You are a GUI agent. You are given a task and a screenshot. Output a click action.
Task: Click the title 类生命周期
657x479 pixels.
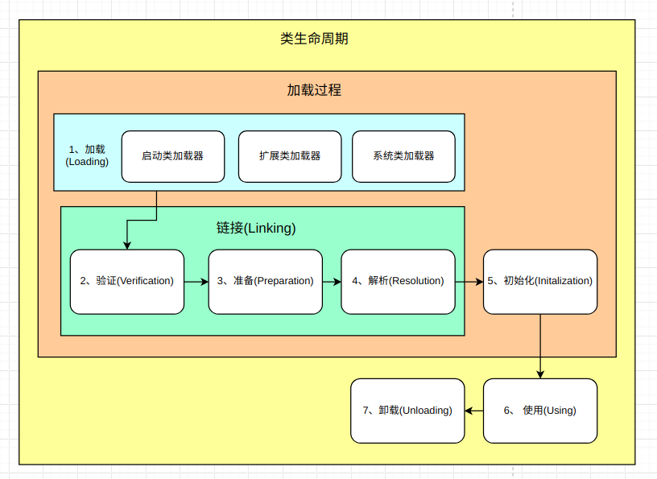tap(314, 39)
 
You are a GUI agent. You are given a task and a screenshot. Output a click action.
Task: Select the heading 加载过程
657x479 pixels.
tap(314, 90)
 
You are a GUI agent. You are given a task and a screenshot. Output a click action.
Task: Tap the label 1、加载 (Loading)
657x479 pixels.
tap(87, 155)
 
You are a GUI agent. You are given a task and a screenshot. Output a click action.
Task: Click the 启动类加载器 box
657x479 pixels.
tap(173, 156)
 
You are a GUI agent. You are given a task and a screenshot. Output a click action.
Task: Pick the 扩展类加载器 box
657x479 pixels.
tap(290, 156)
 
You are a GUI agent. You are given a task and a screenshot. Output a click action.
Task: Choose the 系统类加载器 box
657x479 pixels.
tap(403, 156)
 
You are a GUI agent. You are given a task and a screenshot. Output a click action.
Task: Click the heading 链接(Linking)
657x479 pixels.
tap(256, 228)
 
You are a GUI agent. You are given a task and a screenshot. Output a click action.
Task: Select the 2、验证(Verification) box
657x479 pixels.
tap(127, 282)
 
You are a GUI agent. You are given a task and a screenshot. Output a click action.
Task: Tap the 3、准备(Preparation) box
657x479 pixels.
tap(265, 282)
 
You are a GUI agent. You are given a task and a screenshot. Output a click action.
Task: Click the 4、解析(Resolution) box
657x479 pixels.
tap(398, 282)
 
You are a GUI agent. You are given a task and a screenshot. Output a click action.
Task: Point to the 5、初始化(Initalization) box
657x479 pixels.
tap(540, 282)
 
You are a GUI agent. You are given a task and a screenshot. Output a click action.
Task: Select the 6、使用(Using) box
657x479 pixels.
tap(540, 411)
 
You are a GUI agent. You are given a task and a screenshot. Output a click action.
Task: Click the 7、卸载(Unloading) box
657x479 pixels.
tap(407, 411)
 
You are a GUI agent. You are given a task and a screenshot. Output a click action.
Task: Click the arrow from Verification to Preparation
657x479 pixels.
tap(196, 282)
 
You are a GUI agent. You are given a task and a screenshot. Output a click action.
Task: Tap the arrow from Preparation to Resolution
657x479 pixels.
tap(332, 282)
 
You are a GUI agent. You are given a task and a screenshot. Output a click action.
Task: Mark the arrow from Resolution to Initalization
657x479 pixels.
tap(469, 282)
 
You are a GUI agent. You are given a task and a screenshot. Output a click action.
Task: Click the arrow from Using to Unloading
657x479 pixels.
tap(474, 411)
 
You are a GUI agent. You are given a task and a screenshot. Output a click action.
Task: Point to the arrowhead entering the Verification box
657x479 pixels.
tap(127, 246)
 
